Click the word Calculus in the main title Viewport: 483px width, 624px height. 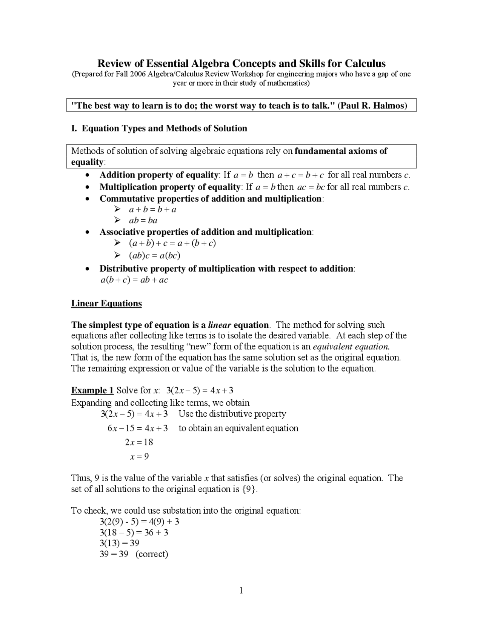point(365,63)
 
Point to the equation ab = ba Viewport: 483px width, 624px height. point(143,220)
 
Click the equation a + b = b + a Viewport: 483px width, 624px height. point(152,210)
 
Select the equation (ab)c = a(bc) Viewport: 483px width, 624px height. point(155,255)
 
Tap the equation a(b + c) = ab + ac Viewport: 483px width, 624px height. point(134,280)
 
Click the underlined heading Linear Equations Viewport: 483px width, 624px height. point(106,303)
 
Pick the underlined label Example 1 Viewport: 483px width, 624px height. point(92,390)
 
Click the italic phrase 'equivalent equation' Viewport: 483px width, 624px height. point(351,347)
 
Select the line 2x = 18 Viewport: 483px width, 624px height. point(139,442)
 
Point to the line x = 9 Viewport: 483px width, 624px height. point(139,457)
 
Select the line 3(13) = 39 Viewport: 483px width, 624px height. point(119,543)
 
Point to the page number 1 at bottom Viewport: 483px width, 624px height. point(241,590)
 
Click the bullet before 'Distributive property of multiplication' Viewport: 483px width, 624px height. point(87,269)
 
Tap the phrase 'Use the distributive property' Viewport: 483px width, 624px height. point(232,414)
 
